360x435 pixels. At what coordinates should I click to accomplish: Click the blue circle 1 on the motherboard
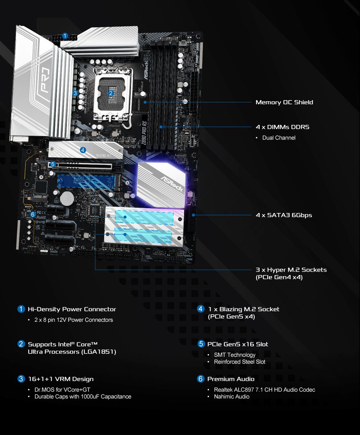pos(65,36)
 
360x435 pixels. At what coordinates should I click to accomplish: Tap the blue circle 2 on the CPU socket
pos(111,93)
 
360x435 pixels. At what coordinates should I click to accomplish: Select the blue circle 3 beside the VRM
pos(75,93)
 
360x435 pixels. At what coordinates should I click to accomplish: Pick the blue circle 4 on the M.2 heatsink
pos(83,150)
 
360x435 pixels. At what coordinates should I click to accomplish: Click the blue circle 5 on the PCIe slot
pos(53,164)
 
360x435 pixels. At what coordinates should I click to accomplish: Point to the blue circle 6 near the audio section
pos(33,215)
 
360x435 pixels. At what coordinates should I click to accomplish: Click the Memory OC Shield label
pos(284,102)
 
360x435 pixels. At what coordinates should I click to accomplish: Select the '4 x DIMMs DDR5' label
pos(282,127)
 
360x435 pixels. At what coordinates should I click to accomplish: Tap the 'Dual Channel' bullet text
pos(279,138)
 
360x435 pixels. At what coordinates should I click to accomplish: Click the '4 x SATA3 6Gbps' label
pos(284,215)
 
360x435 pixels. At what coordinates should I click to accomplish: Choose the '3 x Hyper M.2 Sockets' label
pos(291,270)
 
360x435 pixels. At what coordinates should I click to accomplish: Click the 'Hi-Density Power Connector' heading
pos(72,309)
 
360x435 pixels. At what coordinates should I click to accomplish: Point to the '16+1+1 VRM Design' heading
pos(60,379)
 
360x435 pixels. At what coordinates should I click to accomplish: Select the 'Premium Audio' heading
pos(231,379)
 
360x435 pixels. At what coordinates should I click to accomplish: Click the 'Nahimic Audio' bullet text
pos(232,397)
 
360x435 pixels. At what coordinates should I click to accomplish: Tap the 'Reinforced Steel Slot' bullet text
pos(239,362)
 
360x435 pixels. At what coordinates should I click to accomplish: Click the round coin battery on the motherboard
pos(68,198)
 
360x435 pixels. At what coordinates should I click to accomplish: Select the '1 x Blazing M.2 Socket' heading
pos(243,309)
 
